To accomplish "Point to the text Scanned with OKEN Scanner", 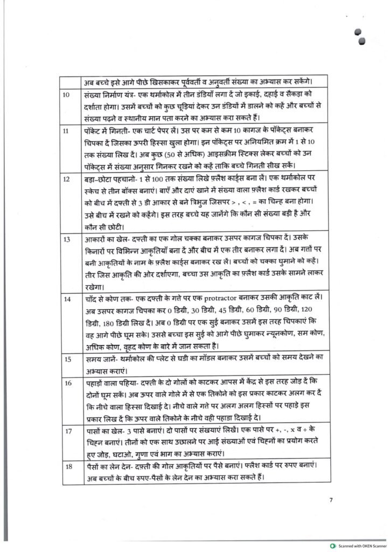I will pos(363,545).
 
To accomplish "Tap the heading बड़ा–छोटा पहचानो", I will pos(107,178).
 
